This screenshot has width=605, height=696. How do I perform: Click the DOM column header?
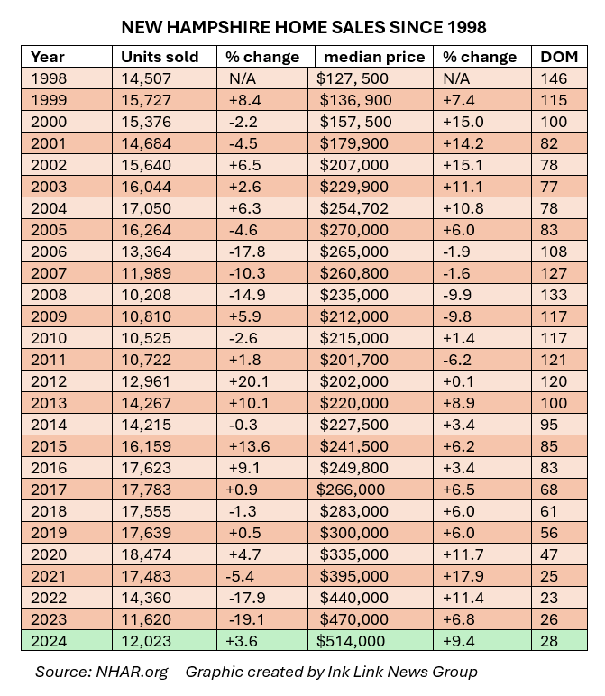[x=554, y=57]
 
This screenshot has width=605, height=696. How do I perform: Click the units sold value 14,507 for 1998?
[x=146, y=78]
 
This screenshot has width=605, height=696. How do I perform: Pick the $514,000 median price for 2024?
[x=353, y=641]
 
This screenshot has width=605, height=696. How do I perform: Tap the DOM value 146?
[x=553, y=78]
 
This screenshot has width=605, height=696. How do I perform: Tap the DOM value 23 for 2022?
[x=549, y=598]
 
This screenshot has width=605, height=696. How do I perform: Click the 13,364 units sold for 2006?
[x=146, y=252]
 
